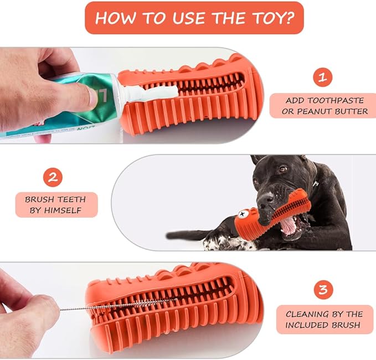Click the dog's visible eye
pyautogui.click(x=283, y=169)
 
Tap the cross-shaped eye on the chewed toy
pyautogui.click(x=242, y=214)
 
